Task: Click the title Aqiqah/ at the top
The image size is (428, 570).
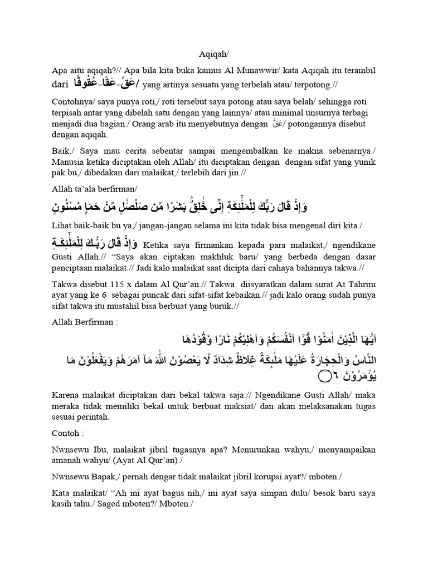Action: (213, 54)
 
